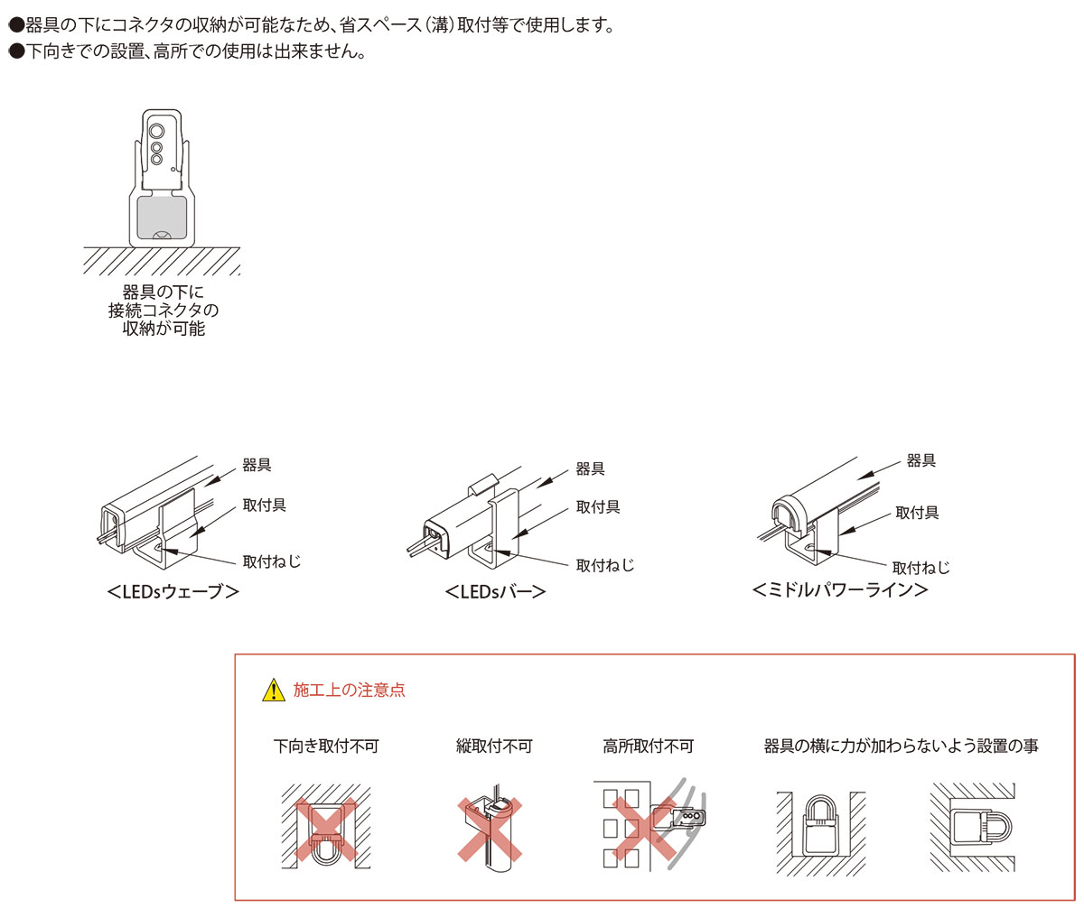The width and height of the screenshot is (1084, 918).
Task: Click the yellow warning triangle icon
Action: [273, 690]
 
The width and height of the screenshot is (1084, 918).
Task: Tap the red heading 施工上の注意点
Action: [350, 690]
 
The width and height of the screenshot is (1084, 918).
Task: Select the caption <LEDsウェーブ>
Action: [173, 591]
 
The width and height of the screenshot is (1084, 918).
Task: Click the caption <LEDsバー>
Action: [495, 591]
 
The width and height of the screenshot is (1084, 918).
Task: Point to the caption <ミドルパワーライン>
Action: [840, 590]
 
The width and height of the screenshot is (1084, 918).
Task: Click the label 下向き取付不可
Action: [326, 746]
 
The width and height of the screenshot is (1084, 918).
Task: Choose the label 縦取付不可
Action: [494, 746]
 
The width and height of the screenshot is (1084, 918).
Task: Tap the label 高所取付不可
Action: [649, 746]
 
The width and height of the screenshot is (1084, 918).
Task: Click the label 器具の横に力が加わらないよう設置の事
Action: [901, 746]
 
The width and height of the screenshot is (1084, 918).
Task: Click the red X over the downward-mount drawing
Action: [326, 830]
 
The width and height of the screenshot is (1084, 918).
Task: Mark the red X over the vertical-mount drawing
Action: [490, 830]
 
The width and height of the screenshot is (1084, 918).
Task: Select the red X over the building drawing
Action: [644, 830]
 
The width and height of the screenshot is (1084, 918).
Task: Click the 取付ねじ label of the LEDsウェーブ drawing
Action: [272, 561]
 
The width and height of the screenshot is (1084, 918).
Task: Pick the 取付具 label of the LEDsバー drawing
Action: [598, 506]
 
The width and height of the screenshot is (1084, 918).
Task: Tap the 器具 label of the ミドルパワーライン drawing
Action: [921, 460]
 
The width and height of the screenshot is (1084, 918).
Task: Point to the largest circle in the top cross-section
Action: [156, 130]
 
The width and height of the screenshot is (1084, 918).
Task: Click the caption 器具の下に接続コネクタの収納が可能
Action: [164, 311]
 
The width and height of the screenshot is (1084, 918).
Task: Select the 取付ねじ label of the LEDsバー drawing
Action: [605, 565]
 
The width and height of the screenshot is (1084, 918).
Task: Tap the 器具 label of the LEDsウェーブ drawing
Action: [257, 465]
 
